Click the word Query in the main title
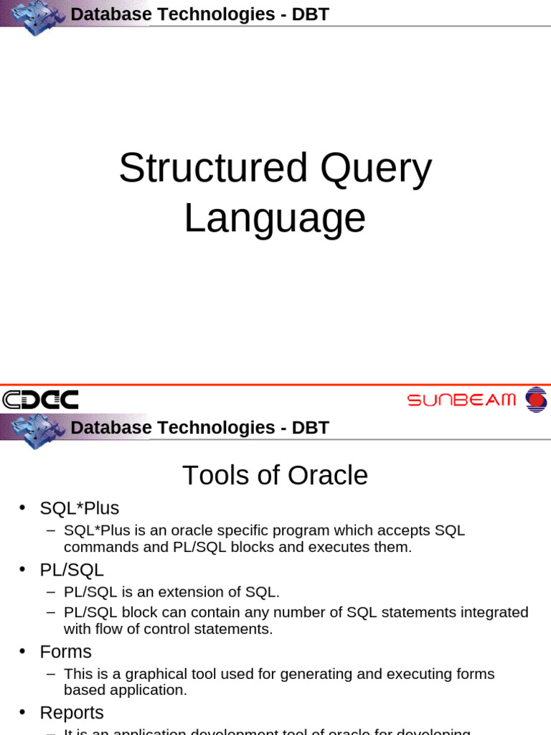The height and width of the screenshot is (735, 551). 376,168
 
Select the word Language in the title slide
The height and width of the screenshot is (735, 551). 275,218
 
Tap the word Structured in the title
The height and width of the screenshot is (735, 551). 213,168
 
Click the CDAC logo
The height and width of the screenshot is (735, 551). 40,400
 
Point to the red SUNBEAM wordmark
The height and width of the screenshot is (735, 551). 461,400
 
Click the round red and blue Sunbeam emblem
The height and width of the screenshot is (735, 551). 535,399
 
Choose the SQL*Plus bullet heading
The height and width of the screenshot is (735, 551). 79,508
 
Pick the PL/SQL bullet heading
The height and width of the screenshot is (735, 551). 72,570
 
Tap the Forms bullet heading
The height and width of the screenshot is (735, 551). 65,652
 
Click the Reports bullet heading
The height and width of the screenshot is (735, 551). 72,713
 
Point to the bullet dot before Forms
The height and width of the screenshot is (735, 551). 23,652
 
